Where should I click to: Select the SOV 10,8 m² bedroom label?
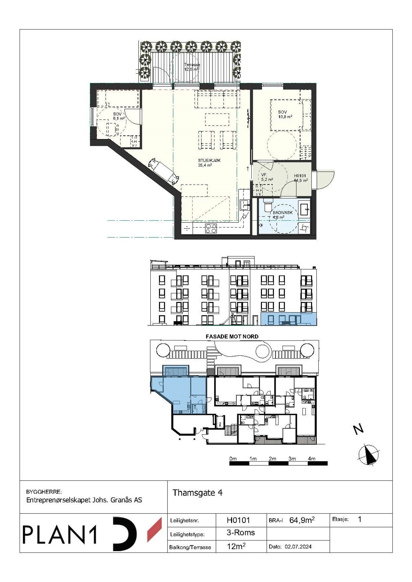pyautogui.click(x=285, y=114)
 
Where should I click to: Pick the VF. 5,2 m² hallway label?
pyautogui.click(x=267, y=177)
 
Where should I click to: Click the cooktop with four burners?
pyautogui.click(x=211, y=228)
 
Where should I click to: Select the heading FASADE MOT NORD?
pyautogui.click(x=232, y=336)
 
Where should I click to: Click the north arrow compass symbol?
pyautogui.click(x=369, y=455)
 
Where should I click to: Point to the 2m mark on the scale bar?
pyautogui.click(x=273, y=459)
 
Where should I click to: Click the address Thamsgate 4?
pyautogui.click(x=197, y=493)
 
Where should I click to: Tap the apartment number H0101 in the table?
pyautogui.click(x=238, y=520)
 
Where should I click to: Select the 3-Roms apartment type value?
pyautogui.click(x=241, y=533)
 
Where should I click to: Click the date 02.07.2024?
pyautogui.click(x=298, y=547)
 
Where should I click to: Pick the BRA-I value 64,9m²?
pyautogui.click(x=302, y=520)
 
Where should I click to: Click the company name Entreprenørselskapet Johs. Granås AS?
pyautogui.click(x=84, y=500)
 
